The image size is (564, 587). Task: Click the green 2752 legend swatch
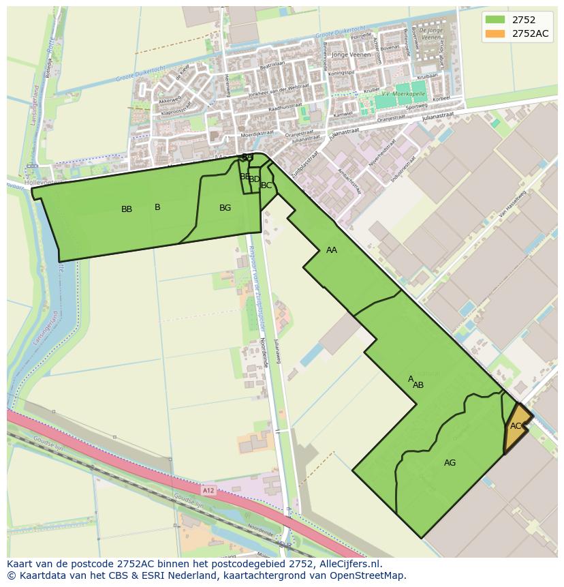495,20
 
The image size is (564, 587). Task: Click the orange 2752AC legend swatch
495,33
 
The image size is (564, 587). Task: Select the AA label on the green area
332,250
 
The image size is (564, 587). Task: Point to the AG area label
450,463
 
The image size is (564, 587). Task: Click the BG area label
225,208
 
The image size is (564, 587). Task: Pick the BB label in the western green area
127,209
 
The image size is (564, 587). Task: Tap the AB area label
418,385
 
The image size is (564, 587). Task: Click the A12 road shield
208,490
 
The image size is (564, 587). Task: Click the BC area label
266,185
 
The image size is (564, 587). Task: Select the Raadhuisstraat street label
285,108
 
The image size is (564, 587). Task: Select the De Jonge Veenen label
431,35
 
